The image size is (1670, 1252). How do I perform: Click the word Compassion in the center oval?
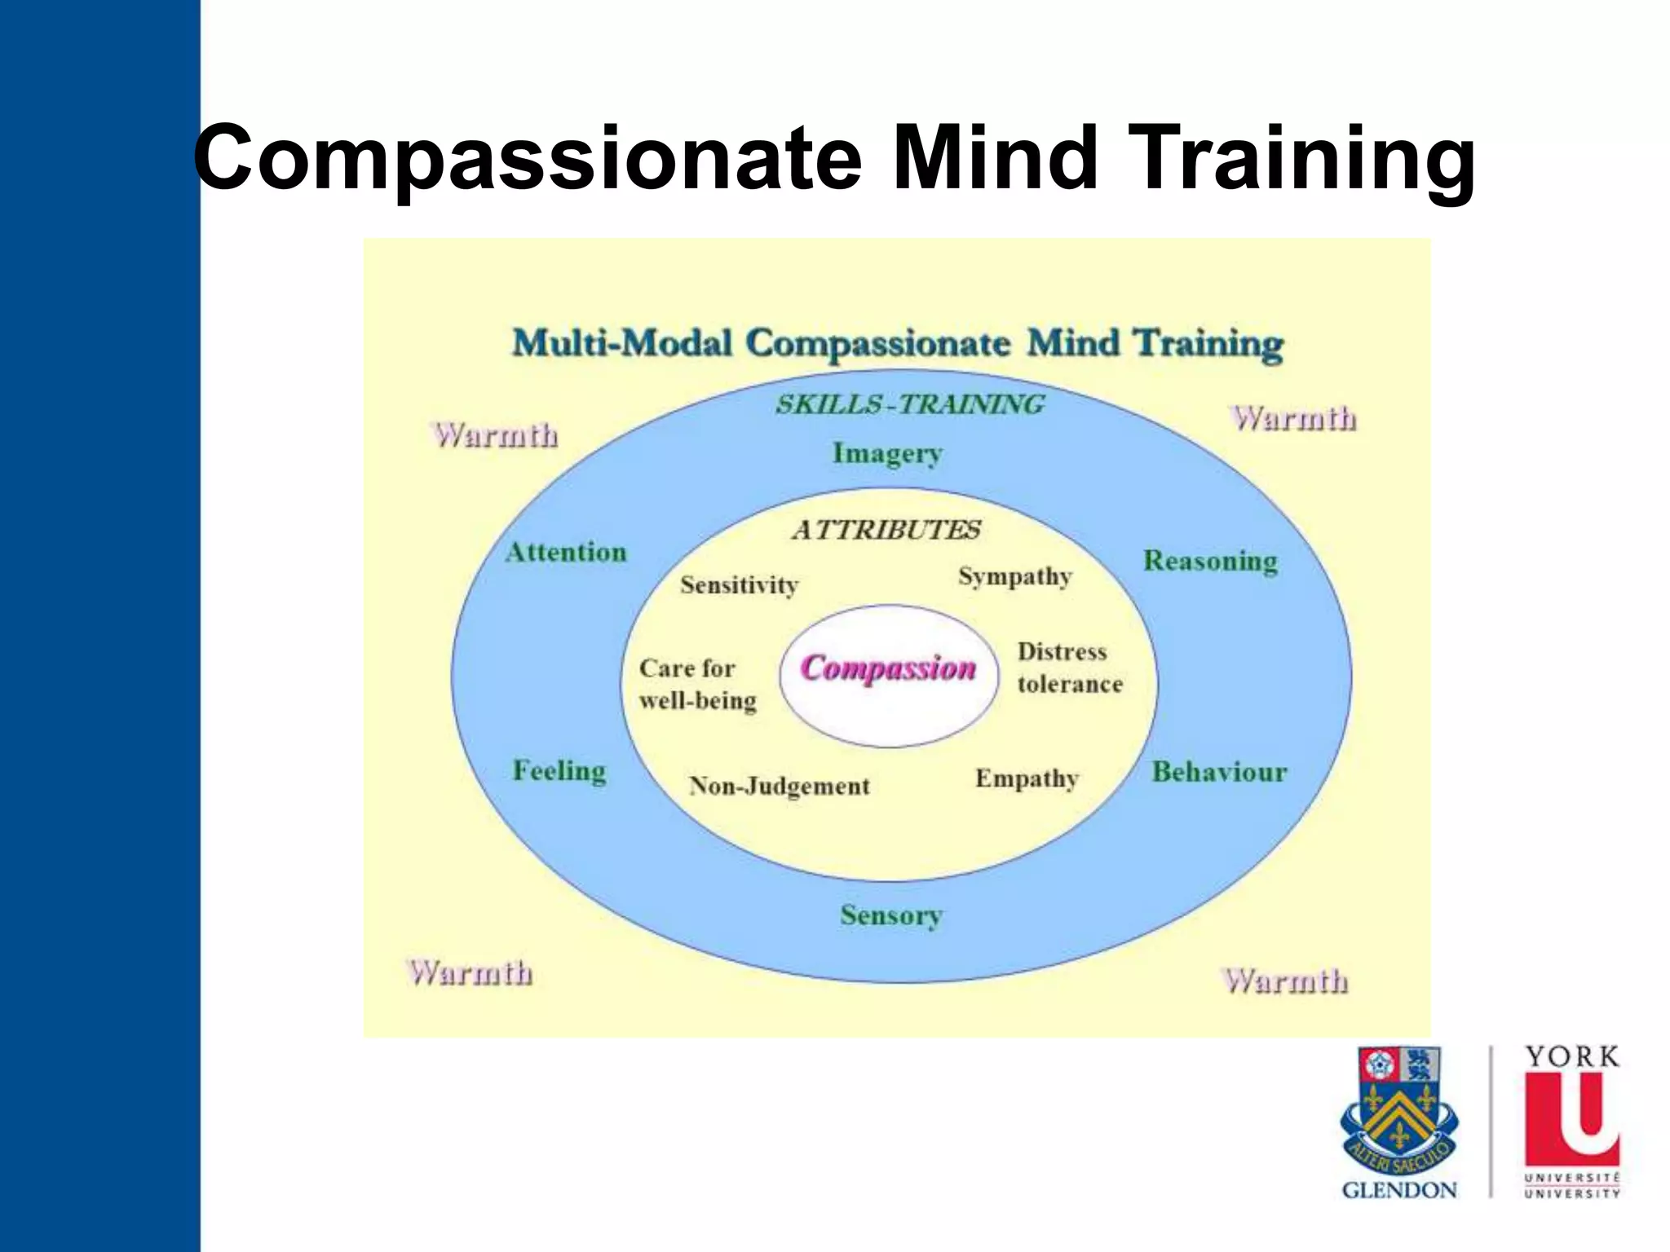(x=888, y=668)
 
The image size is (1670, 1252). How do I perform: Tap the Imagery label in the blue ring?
(x=887, y=453)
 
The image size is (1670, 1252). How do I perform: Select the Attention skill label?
(x=566, y=553)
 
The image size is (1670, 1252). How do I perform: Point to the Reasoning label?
(x=1210, y=561)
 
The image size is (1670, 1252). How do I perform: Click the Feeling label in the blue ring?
(x=559, y=771)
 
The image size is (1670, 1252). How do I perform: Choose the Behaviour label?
(x=1218, y=772)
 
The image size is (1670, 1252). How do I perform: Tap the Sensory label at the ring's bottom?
(x=890, y=915)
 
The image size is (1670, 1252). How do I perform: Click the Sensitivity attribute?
(x=739, y=585)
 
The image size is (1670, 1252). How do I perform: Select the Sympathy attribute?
(x=1014, y=577)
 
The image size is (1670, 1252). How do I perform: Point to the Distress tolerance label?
(x=1069, y=668)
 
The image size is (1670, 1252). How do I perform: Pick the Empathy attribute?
(x=1027, y=779)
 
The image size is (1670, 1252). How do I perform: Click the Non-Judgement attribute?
(x=780, y=787)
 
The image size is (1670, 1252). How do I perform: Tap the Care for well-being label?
(x=697, y=685)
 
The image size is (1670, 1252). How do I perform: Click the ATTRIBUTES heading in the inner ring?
(x=886, y=531)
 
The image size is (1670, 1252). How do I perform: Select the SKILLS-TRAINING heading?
(x=909, y=404)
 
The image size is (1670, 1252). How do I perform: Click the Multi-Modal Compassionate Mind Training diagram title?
(x=897, y=343)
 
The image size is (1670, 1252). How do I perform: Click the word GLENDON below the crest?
(x=1399, y=1191)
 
